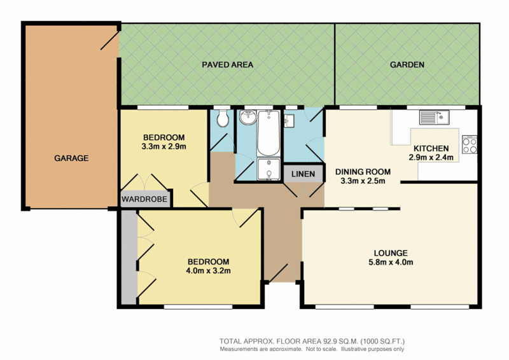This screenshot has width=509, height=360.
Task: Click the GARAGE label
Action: pyautogui.click(x=71, y=158)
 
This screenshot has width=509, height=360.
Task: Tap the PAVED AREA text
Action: pyautogui.click(x=227, y=65)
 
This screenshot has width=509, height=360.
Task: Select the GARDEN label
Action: pyautogui.click(x=407, y=65)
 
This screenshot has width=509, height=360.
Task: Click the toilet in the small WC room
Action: pyautogui.click(x=222, y=119)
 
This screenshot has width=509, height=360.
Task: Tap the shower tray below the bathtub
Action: pyautogui.click(x=267, y=169)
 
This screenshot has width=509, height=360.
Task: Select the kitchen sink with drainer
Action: pyautogui.click(x=434, y=117)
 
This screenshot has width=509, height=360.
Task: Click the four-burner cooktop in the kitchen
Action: pyautogui.click(x=470, y=145)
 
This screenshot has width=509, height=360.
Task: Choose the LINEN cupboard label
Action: pyautogui.click(x=302, y=174)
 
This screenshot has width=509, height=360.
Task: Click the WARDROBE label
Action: pyautogui.click(x=145, y=200)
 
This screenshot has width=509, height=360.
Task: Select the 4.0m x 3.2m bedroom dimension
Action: pyautogui.click(x=208, y=271)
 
